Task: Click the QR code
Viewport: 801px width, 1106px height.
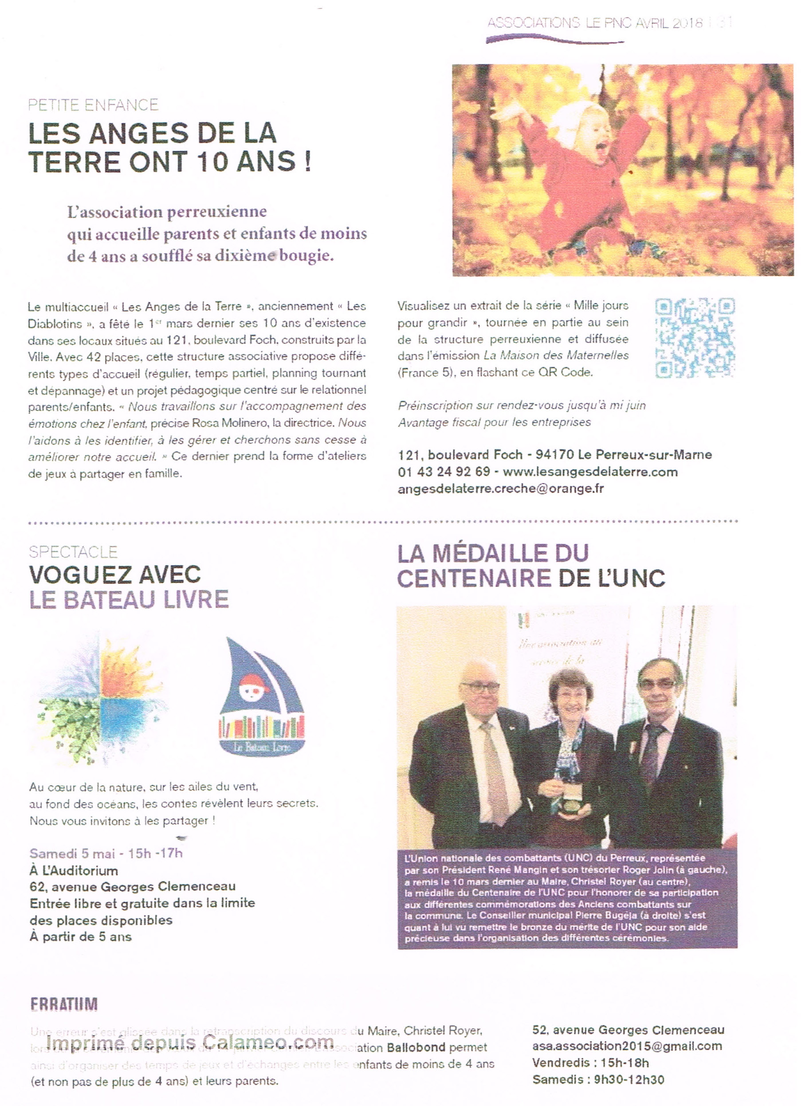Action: click(694, 338)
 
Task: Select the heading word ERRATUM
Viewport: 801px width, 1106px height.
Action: click(64, 1004)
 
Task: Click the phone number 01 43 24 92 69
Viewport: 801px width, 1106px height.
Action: click(444, 472)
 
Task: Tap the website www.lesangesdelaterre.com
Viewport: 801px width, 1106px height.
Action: click(590, 472)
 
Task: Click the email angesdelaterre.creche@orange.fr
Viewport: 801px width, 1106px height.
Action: click(501, 488)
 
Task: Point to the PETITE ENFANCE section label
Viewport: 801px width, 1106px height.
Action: click(93, 105)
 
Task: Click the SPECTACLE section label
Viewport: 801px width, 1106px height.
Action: click(73, 552)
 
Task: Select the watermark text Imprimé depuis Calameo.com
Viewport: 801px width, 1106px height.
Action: click(190, 1042)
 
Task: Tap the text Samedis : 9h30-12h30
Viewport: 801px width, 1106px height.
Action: click(598, 1080)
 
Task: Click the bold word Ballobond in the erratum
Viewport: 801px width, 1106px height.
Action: click(416, 1047)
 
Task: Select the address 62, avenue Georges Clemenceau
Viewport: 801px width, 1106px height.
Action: click(132, 886)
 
